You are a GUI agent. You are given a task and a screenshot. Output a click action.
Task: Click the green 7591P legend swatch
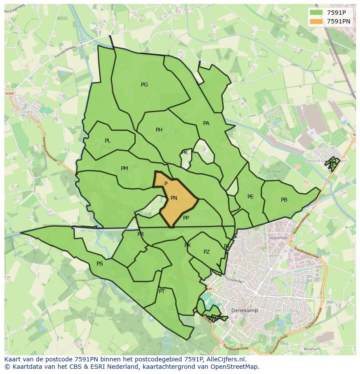coord(317,13)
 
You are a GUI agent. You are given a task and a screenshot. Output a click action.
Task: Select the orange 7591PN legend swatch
coord(317,21)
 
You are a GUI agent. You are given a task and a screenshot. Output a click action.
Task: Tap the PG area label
coord(144,85)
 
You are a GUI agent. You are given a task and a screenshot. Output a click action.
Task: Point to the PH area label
coord(159,130)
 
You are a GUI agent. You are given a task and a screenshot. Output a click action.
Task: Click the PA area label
coord(206,123)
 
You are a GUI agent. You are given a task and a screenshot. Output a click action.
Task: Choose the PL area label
coord(108,141)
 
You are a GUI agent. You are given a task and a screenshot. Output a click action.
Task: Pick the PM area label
coord(124,169)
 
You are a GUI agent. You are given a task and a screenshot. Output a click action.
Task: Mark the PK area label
coord(184,152)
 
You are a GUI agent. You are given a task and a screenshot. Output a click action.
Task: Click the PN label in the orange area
coord(174,198)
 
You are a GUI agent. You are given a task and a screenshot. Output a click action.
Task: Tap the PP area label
coord(186,218)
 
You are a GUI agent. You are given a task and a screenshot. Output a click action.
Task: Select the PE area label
coord(250,197)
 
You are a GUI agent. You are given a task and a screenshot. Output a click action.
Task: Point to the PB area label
coord(284,200)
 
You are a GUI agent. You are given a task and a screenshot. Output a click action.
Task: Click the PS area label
coord(100,264)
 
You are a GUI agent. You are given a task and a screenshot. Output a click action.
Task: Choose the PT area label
coord(162,291)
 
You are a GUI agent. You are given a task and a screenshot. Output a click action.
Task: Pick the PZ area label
coord(207,252)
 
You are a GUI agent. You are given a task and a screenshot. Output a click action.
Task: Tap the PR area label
coord(140,234)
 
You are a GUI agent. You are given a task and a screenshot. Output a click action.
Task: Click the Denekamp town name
coord(244,311)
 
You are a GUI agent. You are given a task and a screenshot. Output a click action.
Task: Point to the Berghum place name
coord(311,349)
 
